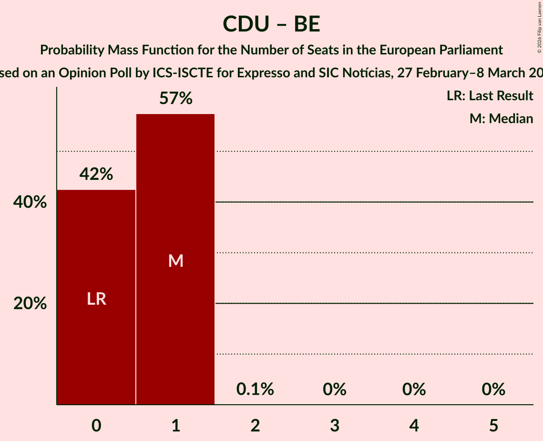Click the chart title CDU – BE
point(271,24)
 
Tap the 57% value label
point(176,99)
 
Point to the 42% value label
point(96,175)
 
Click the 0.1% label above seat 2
point(255,389)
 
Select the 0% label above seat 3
point(335,389)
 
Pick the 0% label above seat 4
point(414,389)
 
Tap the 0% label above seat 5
point(493,389)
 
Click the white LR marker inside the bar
point(96,299)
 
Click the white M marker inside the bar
point(176,261)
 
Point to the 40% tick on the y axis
point(30,202)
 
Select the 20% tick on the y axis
point(30,304)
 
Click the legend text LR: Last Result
point(490,95)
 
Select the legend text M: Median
point(501,118)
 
